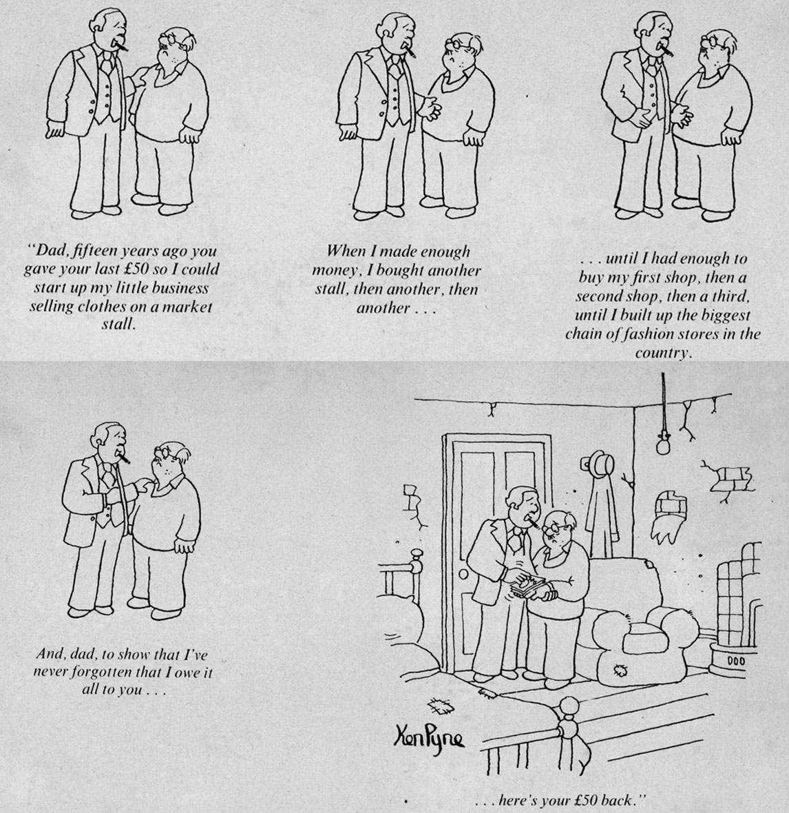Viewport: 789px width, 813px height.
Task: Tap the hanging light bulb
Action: (662, 444)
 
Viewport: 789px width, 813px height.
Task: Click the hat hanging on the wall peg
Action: (600, 462)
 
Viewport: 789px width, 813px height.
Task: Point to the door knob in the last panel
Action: (463, 573)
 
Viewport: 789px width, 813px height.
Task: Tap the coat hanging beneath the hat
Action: (601, 513)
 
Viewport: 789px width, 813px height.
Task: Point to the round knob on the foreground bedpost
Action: (570, 706)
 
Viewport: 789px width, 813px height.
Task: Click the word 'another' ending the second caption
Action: (383, 308)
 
